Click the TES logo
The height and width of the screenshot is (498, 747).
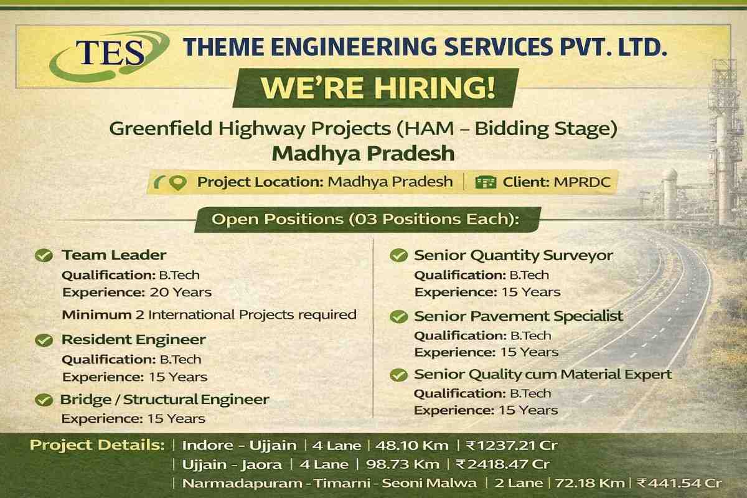103,55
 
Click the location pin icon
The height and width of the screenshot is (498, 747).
179,182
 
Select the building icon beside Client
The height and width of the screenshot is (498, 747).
486,182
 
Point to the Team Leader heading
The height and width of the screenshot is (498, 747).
113,255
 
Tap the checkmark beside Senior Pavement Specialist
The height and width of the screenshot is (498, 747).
398,317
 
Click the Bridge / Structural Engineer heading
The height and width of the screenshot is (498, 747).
164,400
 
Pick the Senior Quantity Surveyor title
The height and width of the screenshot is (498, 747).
514,255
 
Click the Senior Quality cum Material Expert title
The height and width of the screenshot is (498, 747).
543,375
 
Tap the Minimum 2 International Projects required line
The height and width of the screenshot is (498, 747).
209,314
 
